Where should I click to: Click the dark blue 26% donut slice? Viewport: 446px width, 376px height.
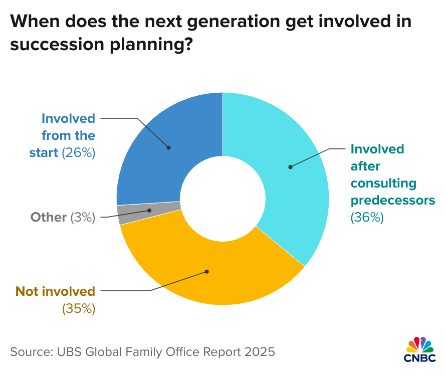point(165,145)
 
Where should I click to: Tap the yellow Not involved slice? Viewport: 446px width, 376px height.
point(210,271)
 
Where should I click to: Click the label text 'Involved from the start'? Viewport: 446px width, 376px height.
point(68,135)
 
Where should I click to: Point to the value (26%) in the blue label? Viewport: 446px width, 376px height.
point(78,152)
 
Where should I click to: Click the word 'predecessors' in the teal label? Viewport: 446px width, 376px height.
point(392,201)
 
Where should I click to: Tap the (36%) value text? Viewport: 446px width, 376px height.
point(367,217)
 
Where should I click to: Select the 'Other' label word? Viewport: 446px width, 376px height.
point(49,217)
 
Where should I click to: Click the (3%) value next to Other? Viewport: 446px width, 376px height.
point(83,217)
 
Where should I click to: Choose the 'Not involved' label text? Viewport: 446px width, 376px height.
point(55,291)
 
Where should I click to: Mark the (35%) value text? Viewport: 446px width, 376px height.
point(78,308)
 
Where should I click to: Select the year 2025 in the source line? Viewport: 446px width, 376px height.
point(260,351)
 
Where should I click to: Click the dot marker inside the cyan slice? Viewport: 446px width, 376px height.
point(290,166)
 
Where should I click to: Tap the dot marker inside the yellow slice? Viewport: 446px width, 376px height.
point(206,272)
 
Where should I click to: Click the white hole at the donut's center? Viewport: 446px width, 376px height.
point(222,199)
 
